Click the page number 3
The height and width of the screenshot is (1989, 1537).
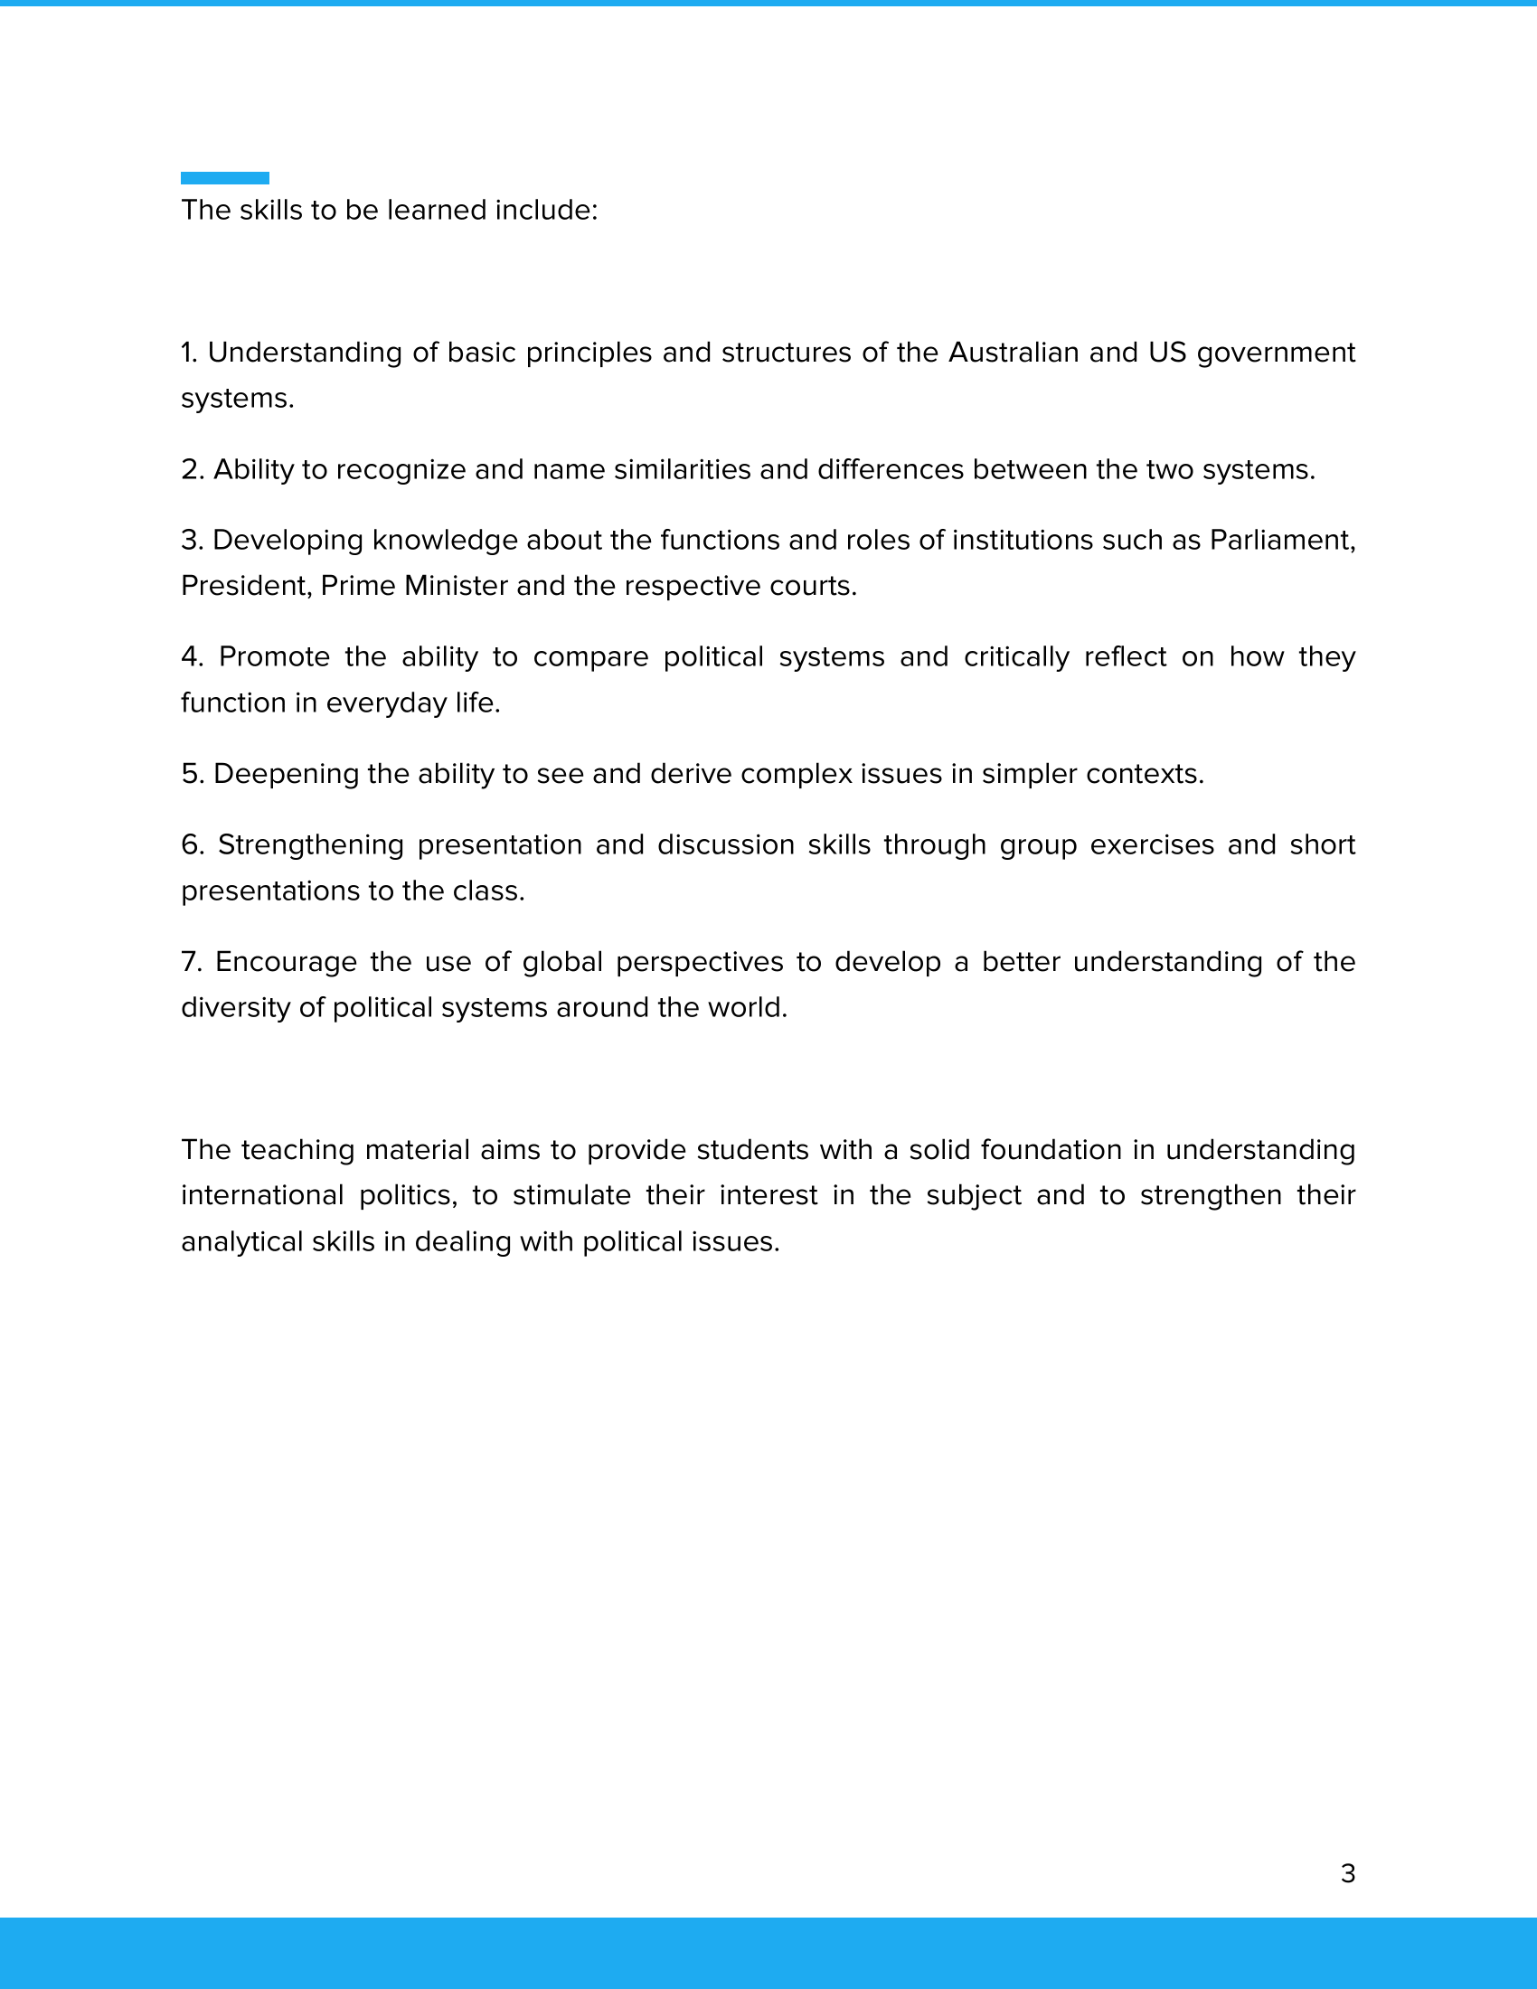[x=1348, y=1873]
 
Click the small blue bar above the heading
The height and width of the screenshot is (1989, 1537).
[x=225, y=177]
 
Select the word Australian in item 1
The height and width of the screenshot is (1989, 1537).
[x=1014, y=353]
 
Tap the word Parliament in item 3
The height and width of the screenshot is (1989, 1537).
[x=1282, y=540]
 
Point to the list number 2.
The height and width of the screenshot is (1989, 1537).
[x=191, y=469]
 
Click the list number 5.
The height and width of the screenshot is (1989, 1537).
[x=191, y=773]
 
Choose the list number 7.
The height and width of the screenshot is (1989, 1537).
[x=190, y=962]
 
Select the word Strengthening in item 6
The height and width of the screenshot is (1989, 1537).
[x=310, y=845]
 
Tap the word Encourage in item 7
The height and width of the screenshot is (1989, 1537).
[x=286, y=962]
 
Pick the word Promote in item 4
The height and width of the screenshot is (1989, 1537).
[x=274, y=656]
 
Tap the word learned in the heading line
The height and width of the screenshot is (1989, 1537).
[x=436, y=211]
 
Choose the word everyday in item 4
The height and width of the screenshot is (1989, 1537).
[x=386, y=703]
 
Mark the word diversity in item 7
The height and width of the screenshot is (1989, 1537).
[x=235, y=1007]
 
